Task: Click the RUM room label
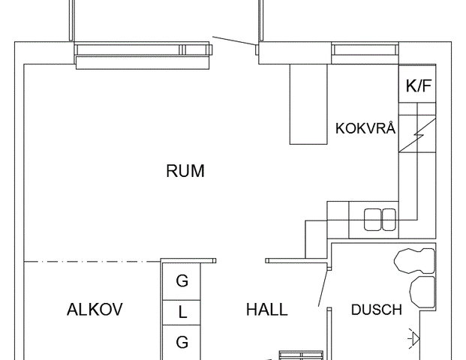pos(185,171)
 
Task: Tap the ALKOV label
pos(95,310)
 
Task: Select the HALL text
pos(267,310)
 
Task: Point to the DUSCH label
pos(376,310)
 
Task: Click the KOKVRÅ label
pos(365,127)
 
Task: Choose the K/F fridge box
pos(417,83)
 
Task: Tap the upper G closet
pos(182,281)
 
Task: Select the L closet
pos(182,313)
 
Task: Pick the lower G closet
pos(182,342)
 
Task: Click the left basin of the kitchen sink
pos(372,220)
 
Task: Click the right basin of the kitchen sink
pos(389,220)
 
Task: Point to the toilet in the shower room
pos(414,261)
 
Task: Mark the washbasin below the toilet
pos(422,292)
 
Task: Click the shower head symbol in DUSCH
pos(414,337)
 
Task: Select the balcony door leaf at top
pos(233,41)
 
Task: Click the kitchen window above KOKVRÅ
pos(365,49)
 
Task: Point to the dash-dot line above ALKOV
pos(92,262)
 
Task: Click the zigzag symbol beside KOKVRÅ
pos(417,135)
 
